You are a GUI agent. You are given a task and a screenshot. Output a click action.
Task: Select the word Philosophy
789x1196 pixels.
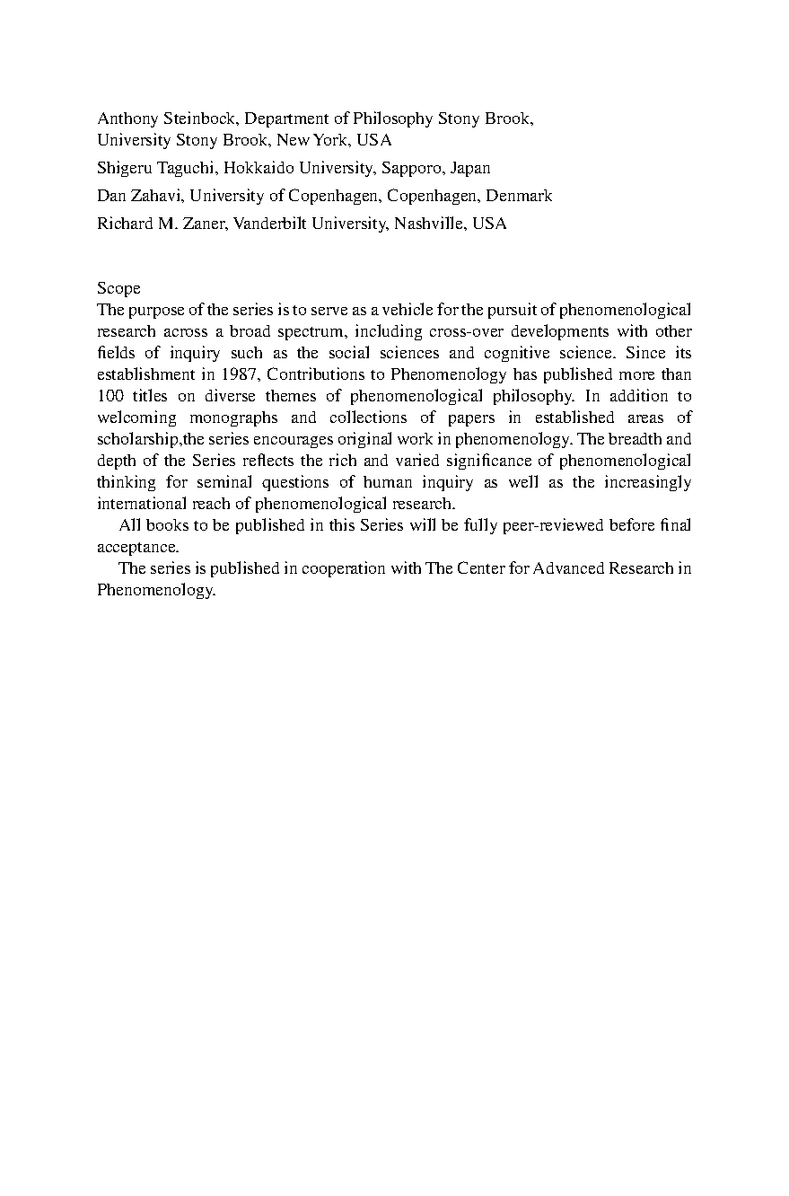[x=393, y=119]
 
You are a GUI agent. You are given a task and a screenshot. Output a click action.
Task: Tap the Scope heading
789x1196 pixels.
[x=118, y=288]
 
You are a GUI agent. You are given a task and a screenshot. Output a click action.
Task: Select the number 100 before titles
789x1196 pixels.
[x=110, y=396]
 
